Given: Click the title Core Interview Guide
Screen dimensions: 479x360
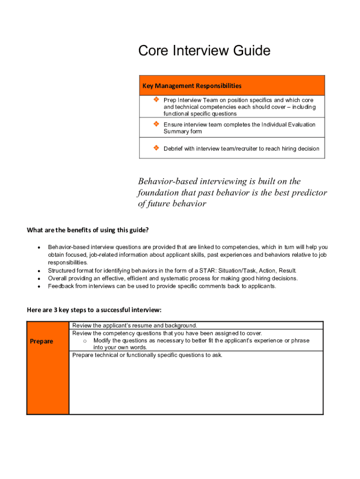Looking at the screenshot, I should [204, 51].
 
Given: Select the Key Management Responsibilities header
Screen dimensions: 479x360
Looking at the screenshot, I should [192, 86].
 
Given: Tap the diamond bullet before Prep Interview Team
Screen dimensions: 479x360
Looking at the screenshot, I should [156, 100].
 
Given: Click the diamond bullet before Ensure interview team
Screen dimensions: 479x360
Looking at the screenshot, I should [156, 124].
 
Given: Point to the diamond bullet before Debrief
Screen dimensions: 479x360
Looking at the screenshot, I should [156, 148].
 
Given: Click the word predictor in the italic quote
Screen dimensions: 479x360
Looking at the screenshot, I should [306, 193].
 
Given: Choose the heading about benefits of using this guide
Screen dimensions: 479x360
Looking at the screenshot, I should [87, 230].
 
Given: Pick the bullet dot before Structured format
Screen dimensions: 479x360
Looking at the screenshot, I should [38, 271].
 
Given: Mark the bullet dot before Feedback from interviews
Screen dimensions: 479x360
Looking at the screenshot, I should [38, 286].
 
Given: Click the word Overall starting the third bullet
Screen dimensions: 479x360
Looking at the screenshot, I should [58, 278].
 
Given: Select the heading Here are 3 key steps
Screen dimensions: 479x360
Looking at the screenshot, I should [94, 310].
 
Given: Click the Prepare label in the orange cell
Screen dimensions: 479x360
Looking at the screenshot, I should [42, 341].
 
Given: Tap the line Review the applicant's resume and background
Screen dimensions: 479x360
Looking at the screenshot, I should [135, 326].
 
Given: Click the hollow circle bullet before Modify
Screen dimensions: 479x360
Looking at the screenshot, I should [85, 341].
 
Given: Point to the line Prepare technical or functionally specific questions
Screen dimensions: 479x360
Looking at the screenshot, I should [147, 355].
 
